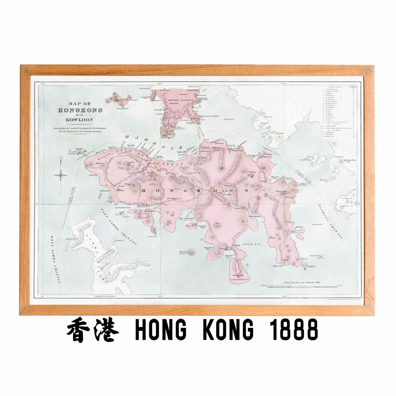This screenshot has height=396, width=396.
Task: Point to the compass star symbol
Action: (61, 175)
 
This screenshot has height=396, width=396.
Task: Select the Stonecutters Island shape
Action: (119, 98)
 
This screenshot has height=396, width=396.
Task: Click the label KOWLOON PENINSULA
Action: (179, 100)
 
